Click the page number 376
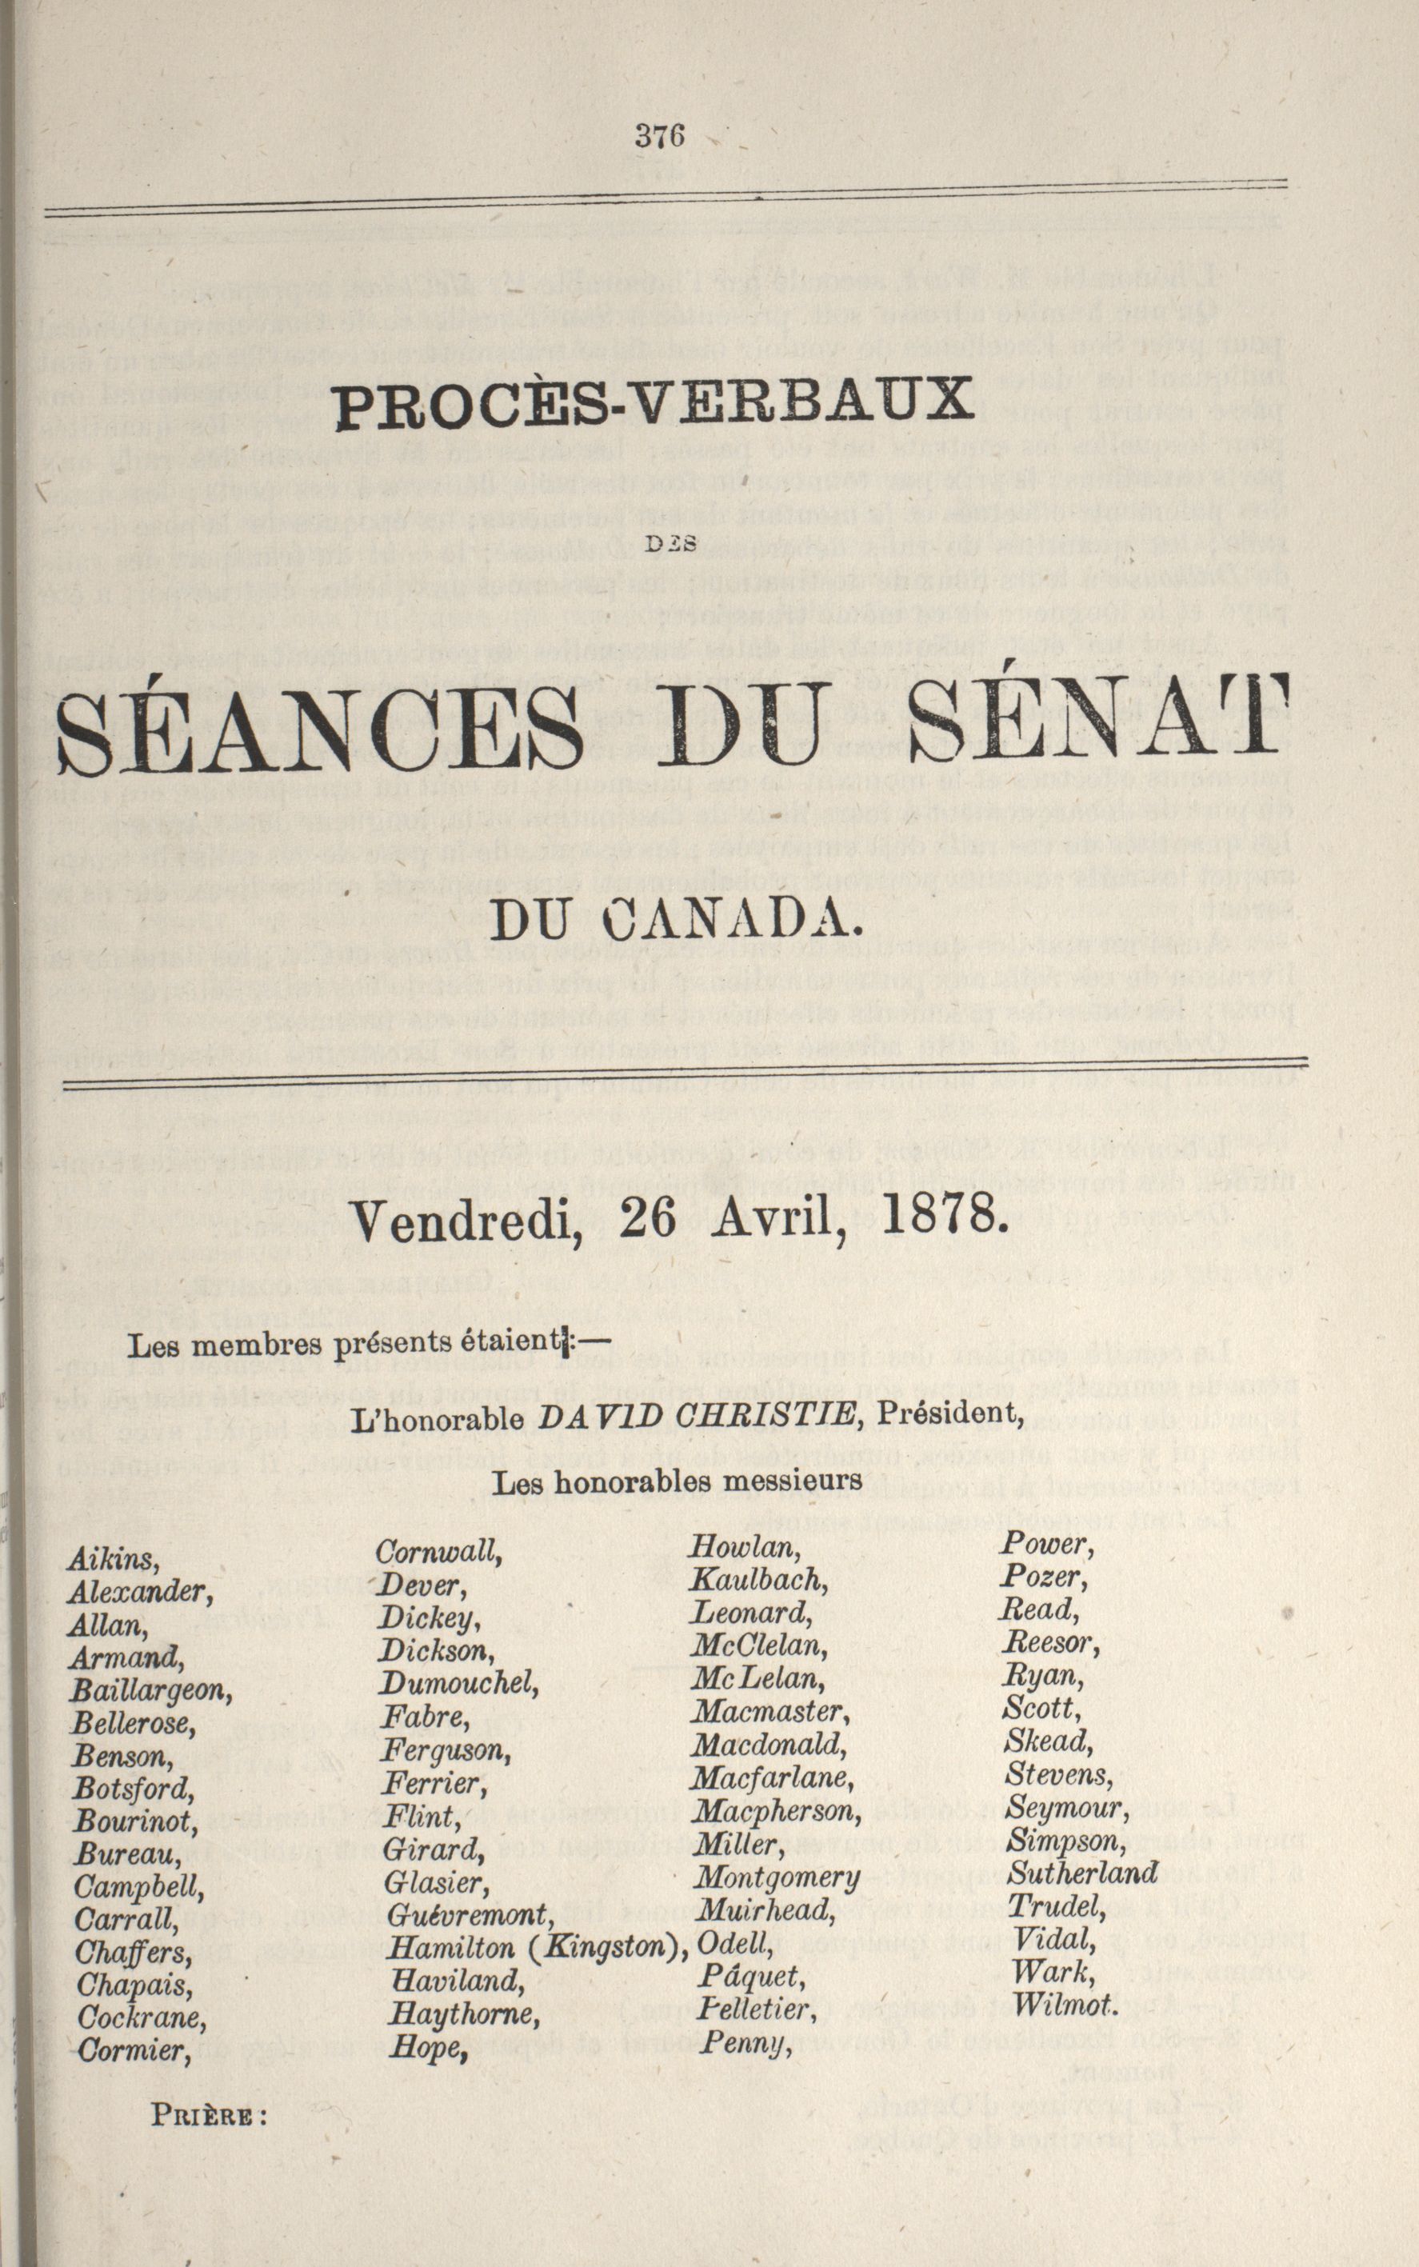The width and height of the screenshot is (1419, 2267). click(661, 137)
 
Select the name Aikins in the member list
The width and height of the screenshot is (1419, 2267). click(113, 1560)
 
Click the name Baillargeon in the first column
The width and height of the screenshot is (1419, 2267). click(150, 1691)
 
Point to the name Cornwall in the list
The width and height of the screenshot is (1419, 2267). click(439, 1553)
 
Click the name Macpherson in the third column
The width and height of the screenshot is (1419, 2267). click(774, 1810)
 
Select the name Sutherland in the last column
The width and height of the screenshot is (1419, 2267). click(1083, 1874)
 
